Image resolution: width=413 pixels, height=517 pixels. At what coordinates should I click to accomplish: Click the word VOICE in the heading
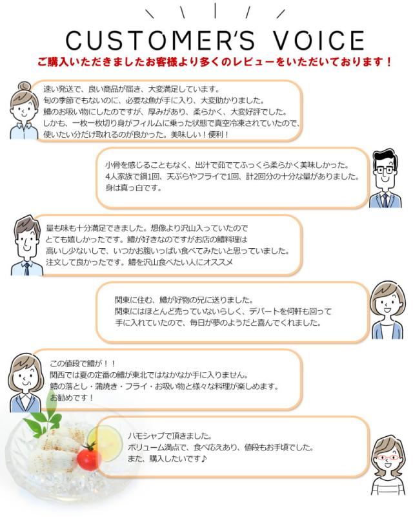point(303,40)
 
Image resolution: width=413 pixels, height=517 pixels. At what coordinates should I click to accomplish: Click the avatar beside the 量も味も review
point(26,245)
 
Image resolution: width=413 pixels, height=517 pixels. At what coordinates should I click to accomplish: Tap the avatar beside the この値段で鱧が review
point(26,381)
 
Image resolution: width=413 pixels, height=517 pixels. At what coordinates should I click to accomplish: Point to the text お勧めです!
point(72,397)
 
